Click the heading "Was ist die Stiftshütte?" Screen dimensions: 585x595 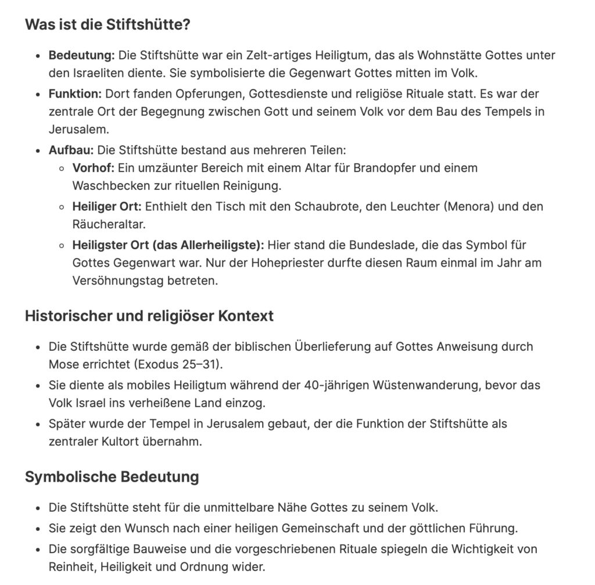point(108,26)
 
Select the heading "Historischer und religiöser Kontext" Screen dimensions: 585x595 point(149,317)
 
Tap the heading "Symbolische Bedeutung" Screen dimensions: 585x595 point(112,477)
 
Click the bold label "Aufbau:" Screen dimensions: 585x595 point(71,150)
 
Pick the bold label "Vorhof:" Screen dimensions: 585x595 point(93,168)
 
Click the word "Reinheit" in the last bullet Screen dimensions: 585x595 point(70,567)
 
